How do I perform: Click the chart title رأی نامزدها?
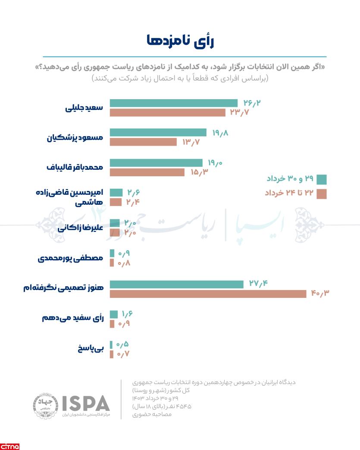(x=180, y=41)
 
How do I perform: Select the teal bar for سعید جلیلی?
(x=173, y=103)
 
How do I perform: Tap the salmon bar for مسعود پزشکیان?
(x=143, y=142)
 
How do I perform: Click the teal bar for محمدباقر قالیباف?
(x=156, y=163)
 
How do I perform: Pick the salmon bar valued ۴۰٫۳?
(x=208, y=294)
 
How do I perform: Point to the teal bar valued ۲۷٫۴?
(x=177, y=284)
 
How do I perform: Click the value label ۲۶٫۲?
(x=252, y=103)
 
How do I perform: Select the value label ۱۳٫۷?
(x=191, y=142)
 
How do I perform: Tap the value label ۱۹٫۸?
(x=220, y=133)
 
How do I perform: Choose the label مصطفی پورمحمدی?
(x=71, y=258)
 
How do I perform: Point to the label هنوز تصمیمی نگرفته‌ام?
(x=63, y=288)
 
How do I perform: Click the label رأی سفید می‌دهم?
(x=73, y=318)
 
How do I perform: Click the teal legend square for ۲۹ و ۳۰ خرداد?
(x=322, y=179)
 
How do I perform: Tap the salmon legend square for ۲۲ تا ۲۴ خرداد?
(x=322, y=194)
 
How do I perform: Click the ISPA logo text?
(x=86, y=403)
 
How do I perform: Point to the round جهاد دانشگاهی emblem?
(x=45, y=405)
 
